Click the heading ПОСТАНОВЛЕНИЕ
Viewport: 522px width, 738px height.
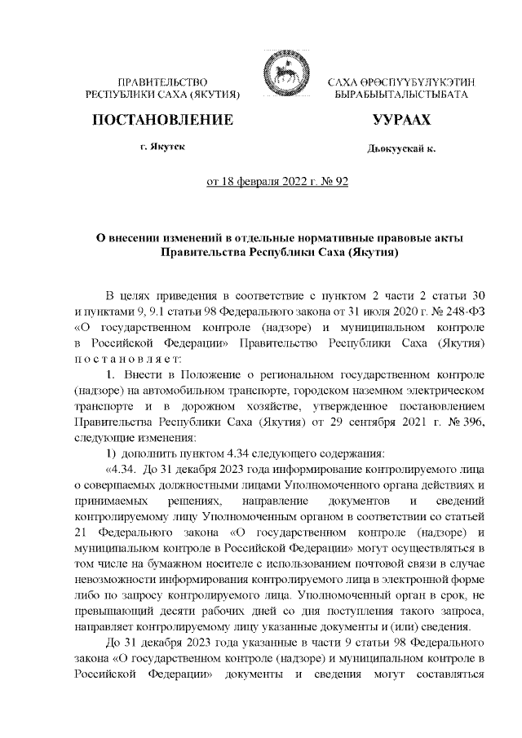(163, 120)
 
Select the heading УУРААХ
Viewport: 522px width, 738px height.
(400, 120)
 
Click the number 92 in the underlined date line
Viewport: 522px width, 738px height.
(340, 181)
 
